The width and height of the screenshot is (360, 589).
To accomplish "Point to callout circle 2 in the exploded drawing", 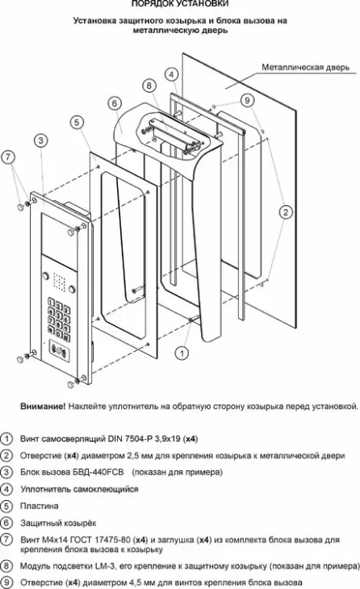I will [x=286, y=212].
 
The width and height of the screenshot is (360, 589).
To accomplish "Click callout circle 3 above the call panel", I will [x=40, y=140].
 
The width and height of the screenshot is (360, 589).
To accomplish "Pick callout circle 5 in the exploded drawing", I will [x=76, y=122].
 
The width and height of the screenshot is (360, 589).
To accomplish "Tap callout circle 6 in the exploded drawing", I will [x=114, y=102].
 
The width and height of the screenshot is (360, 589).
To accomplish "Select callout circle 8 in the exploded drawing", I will [x=149, y=85].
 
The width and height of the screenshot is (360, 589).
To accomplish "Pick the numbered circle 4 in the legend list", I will [x=7, y=489].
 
